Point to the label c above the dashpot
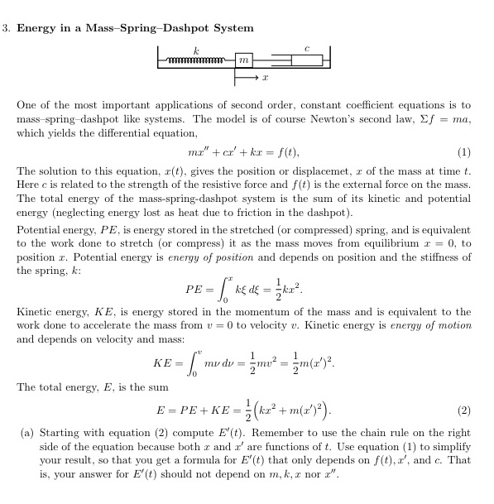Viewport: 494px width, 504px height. click(307, 50)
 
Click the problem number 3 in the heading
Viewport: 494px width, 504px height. click(6, 28)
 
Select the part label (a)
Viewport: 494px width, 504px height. click(24, 432)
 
